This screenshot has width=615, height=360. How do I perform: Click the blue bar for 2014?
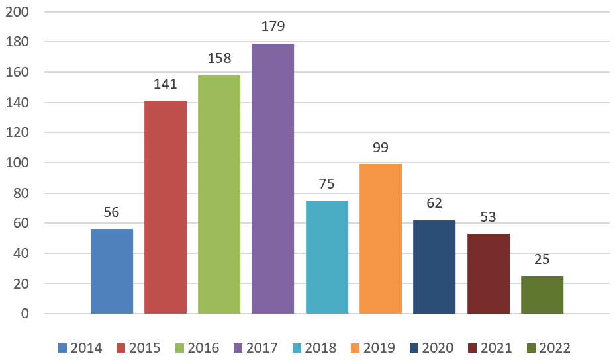[112, 271]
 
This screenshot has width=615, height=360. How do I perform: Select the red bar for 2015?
[166, 207]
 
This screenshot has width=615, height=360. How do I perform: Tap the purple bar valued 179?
[273, 179]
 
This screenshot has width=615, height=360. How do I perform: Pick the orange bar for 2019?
[381, 239]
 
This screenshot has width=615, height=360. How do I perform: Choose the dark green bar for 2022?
[542, 294]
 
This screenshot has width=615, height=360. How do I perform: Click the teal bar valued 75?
[327, 257]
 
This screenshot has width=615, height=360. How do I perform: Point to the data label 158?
[219, 58]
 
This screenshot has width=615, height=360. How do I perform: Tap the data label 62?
[434, 203]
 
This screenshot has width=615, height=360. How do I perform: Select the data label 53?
[488, 216]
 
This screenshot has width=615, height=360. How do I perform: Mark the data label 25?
[542, 259]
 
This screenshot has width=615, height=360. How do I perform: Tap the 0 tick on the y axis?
[25, 314]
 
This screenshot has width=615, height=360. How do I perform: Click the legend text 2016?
[203, 348]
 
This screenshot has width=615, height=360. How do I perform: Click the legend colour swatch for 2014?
[63, 348]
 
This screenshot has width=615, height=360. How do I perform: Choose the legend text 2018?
[320, 348]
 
